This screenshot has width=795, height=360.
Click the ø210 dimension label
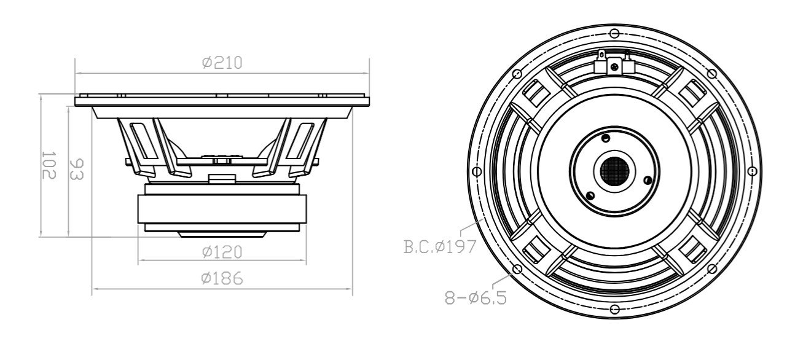(x=222, y=62)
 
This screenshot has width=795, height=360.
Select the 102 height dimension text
(x=49, y=165)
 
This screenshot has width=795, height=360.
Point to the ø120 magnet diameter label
(x=222, y=252)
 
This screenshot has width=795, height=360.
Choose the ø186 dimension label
(x=222, y=278)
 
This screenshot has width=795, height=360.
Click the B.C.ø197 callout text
(x=440, y=247)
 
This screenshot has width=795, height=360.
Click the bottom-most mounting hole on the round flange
(x=614, y=308)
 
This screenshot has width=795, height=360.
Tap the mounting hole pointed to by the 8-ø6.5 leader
(x=517, y=268)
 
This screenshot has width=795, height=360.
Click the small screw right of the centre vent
(x=647, y=179)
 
